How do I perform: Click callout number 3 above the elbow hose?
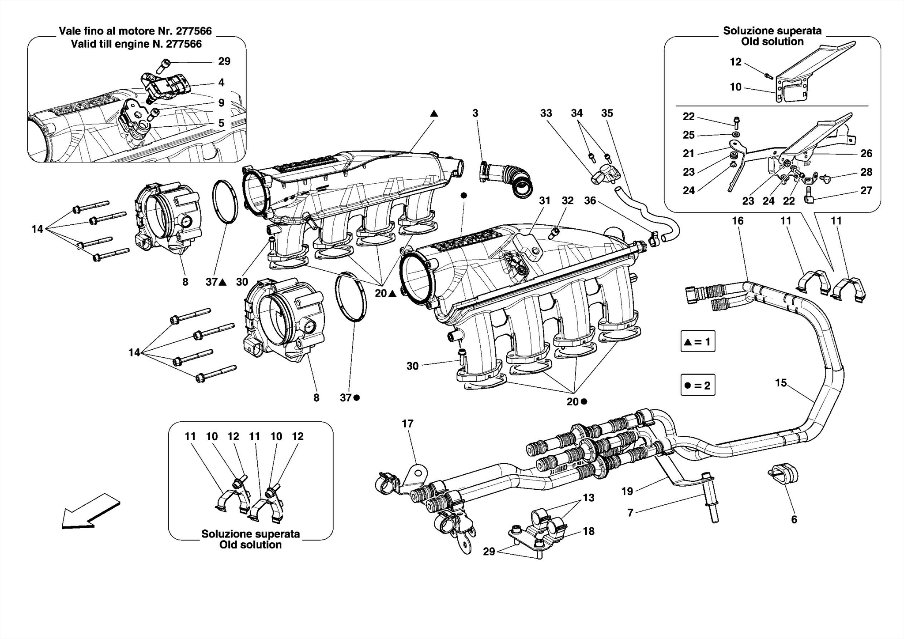coord(475,113)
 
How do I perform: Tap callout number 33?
coord(546,113)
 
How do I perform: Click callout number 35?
coord(607,113)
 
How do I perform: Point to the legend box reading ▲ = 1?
coord(697,341)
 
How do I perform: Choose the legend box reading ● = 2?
coord(697,385)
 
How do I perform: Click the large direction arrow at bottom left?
coord(90,511)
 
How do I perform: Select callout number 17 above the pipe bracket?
coord(407,423)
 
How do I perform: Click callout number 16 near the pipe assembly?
coord(738,220)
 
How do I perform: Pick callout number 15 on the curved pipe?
coord(781,382)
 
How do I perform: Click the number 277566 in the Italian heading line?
coord(194,31)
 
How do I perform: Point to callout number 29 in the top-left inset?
coord(224,61)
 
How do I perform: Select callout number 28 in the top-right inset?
coord(866,172)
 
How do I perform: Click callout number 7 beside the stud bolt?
coord(630,512)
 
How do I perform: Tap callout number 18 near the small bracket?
coord(588,531)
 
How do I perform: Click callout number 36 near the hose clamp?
coord(590,200)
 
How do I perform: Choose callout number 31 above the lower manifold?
coord(545,200)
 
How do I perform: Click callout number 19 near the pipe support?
coord(627,491)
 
